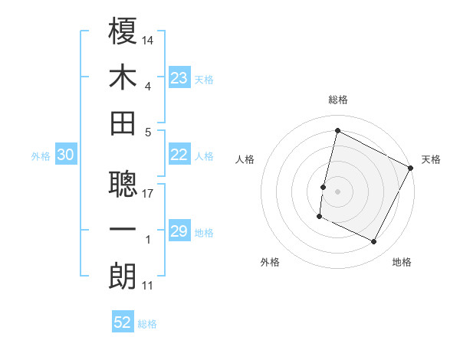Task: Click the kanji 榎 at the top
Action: click(x=123, y=31)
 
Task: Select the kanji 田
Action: click(x=123, y=123)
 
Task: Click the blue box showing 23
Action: click(x=179, y=77)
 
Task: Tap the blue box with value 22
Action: click(x=179, y=155)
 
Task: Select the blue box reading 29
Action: click(x=179, y=232)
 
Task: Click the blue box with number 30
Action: click(x=65, y=155)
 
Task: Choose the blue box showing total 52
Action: click(x=123, y=322)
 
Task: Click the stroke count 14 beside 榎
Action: click(x=148, y=39)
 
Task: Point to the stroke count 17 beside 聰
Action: click(x=148, y=193)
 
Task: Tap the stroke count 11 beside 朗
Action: click(x=147, y=286)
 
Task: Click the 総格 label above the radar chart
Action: click(x=338, y=100)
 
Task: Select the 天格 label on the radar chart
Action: click(x=431, y=159)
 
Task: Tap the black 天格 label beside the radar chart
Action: click(x=431, y=159)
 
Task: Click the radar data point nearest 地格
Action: click(x=374, y=242)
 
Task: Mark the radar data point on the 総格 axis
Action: click(x=337, y=131)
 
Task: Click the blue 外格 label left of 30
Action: click(x=41, y=156)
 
